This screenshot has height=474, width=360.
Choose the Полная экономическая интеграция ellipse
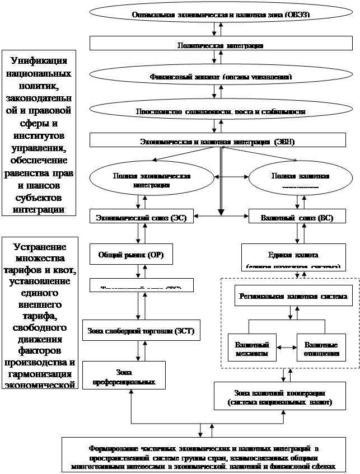click(x=151, y=180)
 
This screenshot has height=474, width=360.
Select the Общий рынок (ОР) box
click(x=132, y=255)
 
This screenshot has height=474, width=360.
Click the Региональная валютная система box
click(x=293, y=295)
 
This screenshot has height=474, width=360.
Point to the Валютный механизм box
click(x=252, y=348)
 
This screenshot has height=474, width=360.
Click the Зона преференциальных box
click(x=124, y=376)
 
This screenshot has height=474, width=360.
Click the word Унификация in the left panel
click(x=39, y=61)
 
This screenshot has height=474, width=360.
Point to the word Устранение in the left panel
click(x=39, y=247)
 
